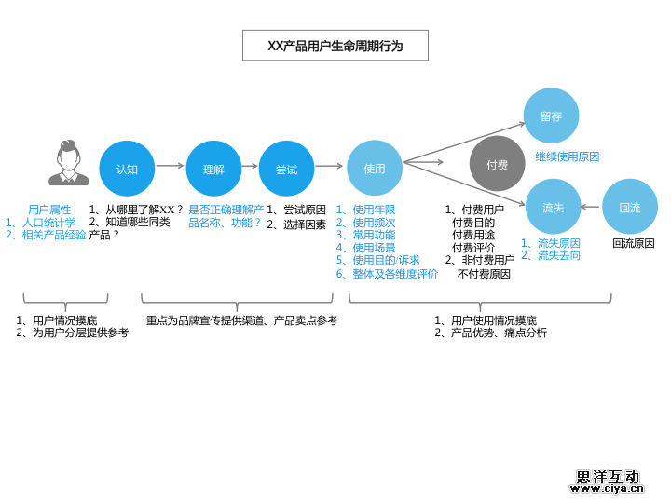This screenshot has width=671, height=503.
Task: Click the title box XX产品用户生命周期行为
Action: coord(335,46)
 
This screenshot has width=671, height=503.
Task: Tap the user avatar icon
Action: coord(68,164)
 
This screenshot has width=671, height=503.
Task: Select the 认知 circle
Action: coord(127,169)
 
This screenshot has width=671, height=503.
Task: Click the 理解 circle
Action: coord(213,169)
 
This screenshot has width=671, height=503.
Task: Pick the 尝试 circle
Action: coord(286,169)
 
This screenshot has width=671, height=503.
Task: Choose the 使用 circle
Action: coord(375,169)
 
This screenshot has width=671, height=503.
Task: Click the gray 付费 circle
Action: coord(497,164)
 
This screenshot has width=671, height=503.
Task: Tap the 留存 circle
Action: coord(551,116)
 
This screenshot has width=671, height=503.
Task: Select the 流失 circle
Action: coord(553,207)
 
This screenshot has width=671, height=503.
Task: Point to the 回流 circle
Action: coord(630,207)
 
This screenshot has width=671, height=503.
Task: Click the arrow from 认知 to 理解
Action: coord(170,166)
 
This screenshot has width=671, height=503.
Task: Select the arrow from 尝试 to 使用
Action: coord(329,166)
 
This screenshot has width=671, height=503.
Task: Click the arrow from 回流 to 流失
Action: coord(590,207)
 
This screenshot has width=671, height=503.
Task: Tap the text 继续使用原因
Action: coord(567,156)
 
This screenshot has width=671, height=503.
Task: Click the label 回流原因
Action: coord(634,243)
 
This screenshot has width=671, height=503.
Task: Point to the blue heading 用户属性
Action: coord(49,210)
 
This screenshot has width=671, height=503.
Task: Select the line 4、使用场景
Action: coord(365,248)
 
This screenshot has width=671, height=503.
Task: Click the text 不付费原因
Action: coord(484,274)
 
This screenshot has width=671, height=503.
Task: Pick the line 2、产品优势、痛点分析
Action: coord(490,333)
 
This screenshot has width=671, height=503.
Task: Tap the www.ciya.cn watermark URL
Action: coord(606,488)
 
